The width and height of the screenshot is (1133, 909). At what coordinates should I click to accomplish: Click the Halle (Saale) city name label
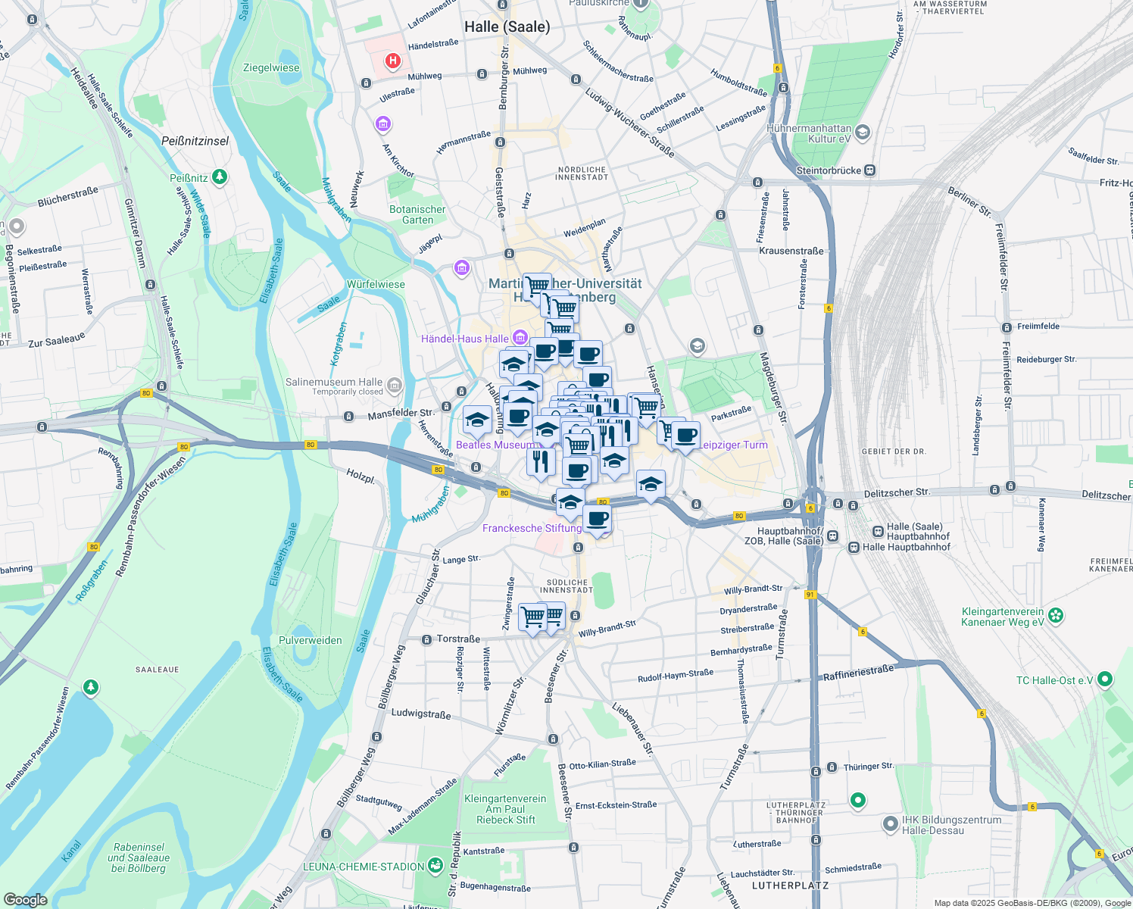coord(507,27)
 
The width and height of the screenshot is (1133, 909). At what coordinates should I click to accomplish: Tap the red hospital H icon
coord(392,61)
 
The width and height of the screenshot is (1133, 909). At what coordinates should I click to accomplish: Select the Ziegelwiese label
coord(271,68)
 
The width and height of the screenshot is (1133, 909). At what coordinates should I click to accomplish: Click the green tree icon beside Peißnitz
coord(220,177)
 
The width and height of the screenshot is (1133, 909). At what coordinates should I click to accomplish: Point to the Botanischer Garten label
coord(417,214)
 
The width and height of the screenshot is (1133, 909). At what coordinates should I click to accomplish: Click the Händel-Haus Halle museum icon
coord(520,337)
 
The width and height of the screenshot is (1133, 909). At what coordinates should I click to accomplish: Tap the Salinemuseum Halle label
coord(334,383)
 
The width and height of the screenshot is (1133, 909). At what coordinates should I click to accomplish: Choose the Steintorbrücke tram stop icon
coord(870,170)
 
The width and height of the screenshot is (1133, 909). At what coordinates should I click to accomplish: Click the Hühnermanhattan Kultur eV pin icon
coord(863,133)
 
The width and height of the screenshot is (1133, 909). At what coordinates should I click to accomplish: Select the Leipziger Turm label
coord(732,445)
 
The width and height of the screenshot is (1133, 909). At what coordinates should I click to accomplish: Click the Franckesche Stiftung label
coord(532,528)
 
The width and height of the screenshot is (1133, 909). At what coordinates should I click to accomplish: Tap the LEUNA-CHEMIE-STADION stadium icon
coord(435,865)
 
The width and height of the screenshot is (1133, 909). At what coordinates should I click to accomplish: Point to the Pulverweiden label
coord(311,640)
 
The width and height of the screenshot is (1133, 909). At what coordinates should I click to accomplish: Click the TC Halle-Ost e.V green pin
coord(1105,679)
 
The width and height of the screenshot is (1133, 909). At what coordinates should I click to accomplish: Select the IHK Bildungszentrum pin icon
coord(891,823)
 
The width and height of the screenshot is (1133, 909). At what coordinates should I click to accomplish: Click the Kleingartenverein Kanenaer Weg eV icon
coord(1057,615)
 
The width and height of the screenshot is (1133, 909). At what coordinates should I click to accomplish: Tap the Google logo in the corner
coord(25,900)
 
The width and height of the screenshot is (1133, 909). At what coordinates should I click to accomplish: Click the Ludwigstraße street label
coord(420,714)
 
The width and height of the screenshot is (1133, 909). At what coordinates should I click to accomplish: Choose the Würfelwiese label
coord(376,285)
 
